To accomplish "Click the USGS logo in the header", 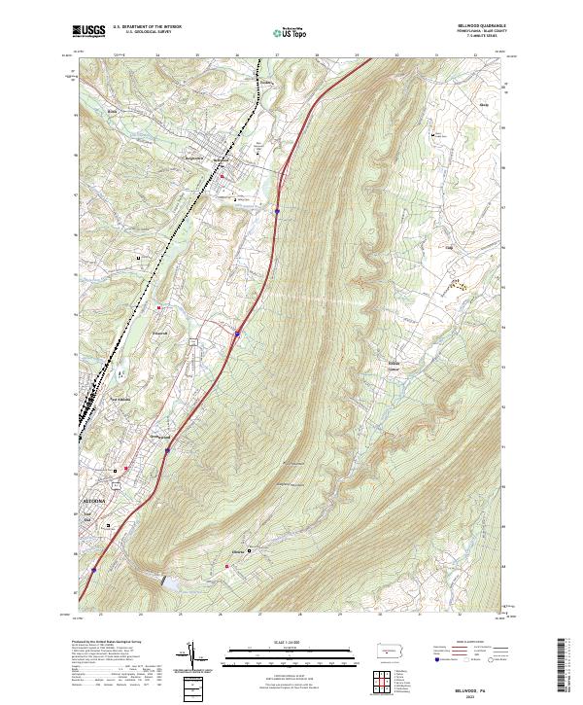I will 88,32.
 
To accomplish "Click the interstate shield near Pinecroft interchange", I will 237,335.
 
